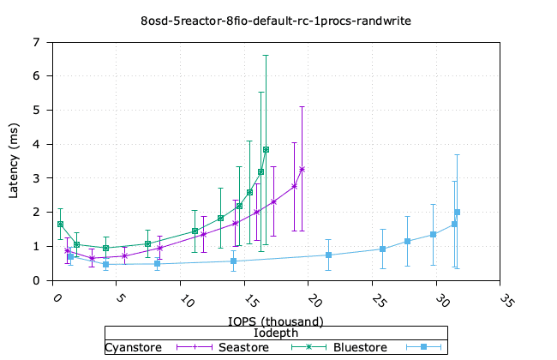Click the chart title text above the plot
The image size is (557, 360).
278,19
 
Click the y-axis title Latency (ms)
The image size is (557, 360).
14,161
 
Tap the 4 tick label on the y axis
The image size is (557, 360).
35,144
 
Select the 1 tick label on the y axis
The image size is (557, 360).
35,246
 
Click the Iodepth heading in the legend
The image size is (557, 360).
275,333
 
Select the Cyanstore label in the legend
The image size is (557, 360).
134,347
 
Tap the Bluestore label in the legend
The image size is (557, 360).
360,347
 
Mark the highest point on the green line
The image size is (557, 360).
266,149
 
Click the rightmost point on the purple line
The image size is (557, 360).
302,169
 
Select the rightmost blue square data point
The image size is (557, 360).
457,212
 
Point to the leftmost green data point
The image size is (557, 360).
60,224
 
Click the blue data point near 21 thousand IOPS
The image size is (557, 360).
329,255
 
